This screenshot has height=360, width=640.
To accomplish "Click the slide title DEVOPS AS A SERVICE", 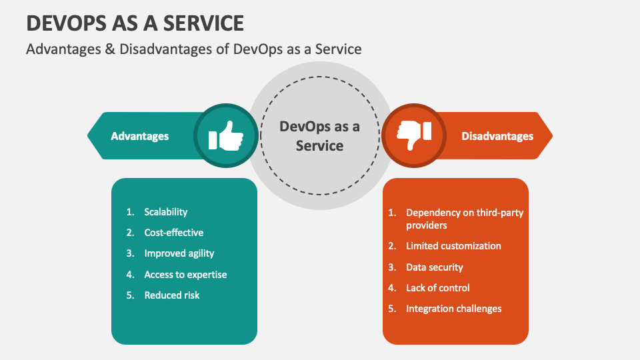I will click(x=135, y=23).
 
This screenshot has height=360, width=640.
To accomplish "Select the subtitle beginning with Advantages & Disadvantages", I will click(x=193, y=49).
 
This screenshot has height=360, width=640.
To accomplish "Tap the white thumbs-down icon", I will click(x=414, y=136).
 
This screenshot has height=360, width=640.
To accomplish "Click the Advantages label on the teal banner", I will click(x=139, y=136).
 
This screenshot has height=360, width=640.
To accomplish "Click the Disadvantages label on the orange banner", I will click(x=497, y=136).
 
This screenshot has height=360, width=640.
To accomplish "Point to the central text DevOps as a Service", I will click(x=319, y=136).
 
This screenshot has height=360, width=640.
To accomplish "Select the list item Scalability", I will click(x=165, y=212).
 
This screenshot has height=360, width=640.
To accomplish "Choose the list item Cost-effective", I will click(x=173, y=233).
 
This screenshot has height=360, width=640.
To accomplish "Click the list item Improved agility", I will click(x=179, y=253).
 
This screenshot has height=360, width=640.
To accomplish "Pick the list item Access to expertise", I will click(x=185, y=275).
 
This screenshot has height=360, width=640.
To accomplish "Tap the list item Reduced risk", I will click(x=171, y=295).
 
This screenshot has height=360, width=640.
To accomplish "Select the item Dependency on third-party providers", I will click(x=464, y=219).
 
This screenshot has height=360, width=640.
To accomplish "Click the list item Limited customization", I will click(x=453, y=246).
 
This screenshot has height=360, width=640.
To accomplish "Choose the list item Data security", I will click(x=434, y=267).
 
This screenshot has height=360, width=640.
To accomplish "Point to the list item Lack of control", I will click(x=437, y=288).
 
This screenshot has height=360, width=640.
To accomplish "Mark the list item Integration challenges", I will click(x=453, y=309).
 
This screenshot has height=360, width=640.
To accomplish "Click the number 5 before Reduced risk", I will click(x=130, y=295).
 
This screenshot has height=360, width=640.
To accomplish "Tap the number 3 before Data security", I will click(x=392, y=267).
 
